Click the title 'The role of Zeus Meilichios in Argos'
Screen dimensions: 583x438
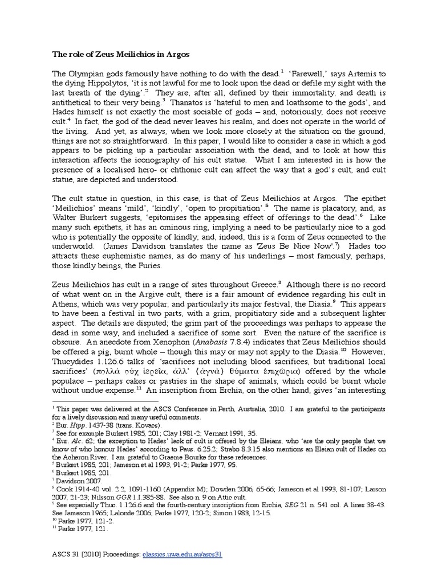coord(117,55)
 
